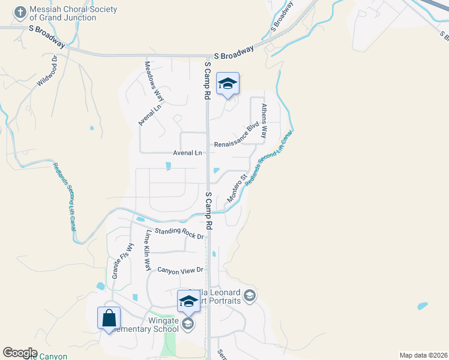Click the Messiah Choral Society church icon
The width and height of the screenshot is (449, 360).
coord(20,12)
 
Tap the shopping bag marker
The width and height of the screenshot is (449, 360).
coord(109,318)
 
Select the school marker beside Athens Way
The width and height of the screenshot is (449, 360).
coord(228,84)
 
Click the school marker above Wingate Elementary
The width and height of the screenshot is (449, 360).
coord(188,302)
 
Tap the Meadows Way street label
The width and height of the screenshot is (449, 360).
coord(154,81)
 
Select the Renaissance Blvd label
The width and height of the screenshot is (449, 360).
coord(237,137)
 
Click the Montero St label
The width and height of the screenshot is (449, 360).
coord(238,188)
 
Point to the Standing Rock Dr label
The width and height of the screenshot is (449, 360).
coord(179,233)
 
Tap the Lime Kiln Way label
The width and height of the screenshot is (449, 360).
coord(146,250)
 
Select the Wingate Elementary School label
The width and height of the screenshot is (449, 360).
coord(150,324)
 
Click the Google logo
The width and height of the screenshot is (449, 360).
coord(20,353)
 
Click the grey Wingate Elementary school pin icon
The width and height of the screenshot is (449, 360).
coord(188,325)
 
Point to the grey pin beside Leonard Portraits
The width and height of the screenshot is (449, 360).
coord(250,296)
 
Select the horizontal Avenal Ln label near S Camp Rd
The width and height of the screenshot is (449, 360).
coord(187,153)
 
